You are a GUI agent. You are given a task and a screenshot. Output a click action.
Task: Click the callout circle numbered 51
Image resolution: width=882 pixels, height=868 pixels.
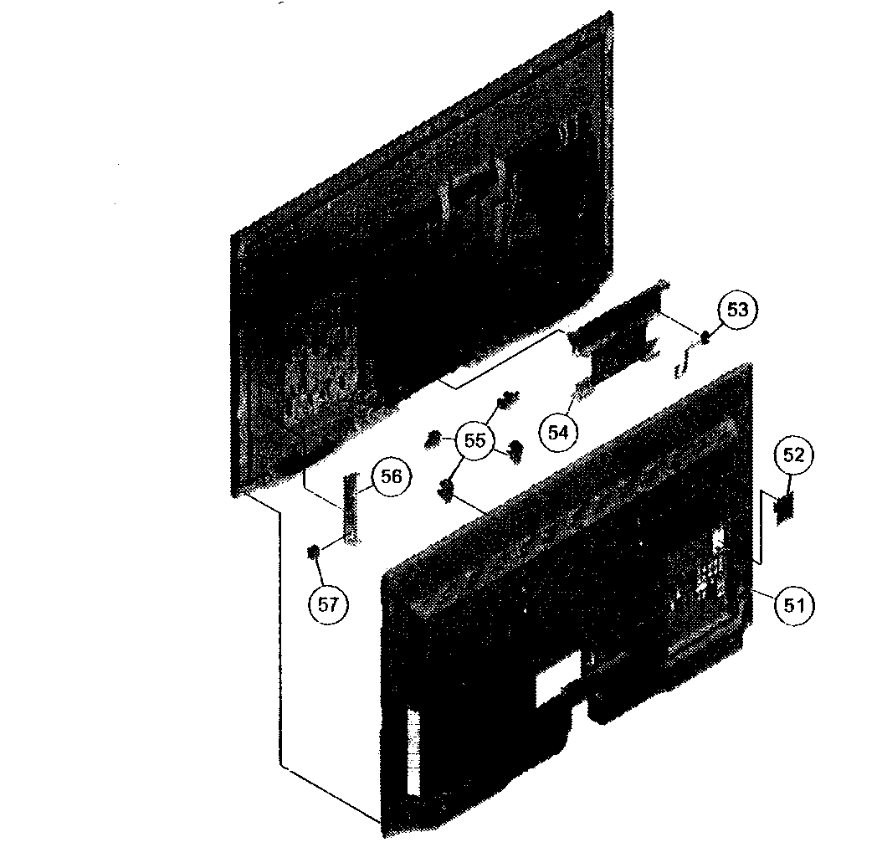pyautogui.click(x=793, y=605)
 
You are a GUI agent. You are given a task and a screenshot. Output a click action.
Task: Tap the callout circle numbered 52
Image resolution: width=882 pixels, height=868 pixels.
pyautogui.click(x=793, y=455)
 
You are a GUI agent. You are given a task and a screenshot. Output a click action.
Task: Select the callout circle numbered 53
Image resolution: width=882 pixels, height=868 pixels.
pyautogui.click(x=737, y=310)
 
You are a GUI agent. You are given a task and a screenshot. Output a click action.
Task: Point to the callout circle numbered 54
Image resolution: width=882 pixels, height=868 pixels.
pyautogui.click(x=558, y=433)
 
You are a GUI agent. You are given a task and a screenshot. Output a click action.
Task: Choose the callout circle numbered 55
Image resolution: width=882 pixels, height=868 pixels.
pyautogui.click(x=474, y=440)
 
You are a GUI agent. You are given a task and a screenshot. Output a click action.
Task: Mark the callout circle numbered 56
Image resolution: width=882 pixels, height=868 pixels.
pyautogui.click(x=391, y=477)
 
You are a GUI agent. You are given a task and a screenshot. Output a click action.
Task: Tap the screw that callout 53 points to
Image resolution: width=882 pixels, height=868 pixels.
pyautogui.click(x=704, y=337)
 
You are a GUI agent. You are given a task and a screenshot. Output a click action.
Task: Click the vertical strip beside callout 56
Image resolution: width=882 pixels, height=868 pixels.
pyautogui.click(x=350, y=509)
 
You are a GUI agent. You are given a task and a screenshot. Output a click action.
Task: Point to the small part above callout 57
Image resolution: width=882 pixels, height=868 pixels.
pyautogui.click(x=313, y=552)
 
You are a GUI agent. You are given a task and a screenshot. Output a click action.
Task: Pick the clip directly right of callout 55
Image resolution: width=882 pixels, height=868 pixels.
pyautogui.click(x=515, y=451)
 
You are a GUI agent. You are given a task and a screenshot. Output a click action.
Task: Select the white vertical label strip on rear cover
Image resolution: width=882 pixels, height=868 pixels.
pyautogui.click(x=413, y=752)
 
